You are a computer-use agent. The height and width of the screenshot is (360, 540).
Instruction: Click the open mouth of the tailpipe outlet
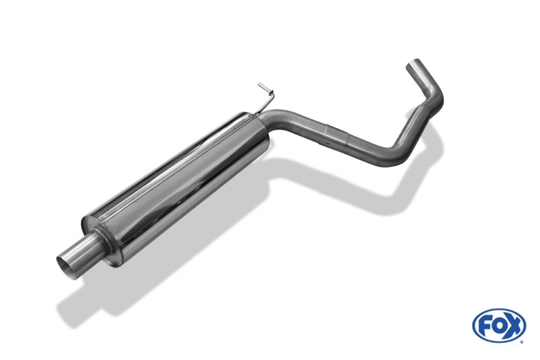[65, 268]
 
